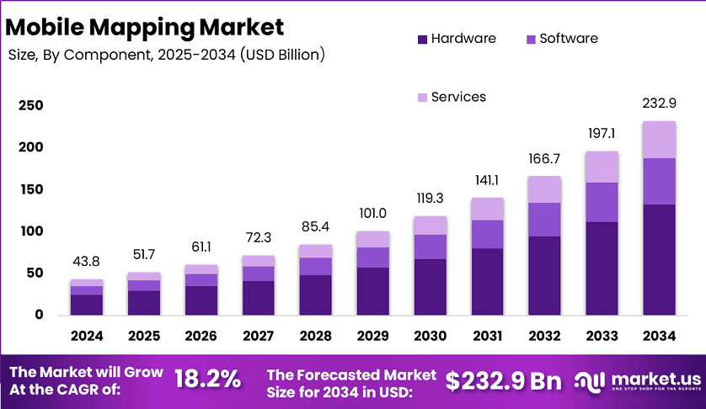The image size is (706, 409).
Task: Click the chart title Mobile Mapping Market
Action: pyautogui.click(x=145, y=27)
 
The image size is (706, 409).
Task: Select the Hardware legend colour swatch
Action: pyautogui.click(x=422, y=39)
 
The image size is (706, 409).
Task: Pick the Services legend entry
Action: pyautogui.click(x=452, y=97)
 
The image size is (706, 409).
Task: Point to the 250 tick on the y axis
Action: pyautogui.click(x=30, y=105)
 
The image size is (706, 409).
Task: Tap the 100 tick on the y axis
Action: pyautogui.click(x=30, y=231)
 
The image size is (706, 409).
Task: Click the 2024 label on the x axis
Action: pyautogui.click(x=87, y=336)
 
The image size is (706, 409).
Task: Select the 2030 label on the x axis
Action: pyautogui.click(x=430, y=336)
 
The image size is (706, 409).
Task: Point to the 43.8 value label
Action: pyautogui.click(x=87, y=262)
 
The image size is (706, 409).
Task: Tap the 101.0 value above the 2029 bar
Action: pyautogui.click(x=372, y=214)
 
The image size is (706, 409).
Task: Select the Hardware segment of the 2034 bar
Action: pyautogui.click(x=659, y=259)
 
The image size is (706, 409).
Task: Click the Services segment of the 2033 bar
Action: pyautogui.click(x=602, y=167)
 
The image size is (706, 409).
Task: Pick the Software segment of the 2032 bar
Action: pyautogui.click(x=544, y=219)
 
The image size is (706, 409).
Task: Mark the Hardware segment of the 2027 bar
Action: pyautogui.click(x=258, y=298)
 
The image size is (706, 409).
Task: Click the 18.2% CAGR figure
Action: pyautogui.click(x=207, y=380)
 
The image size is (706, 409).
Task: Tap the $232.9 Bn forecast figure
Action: pyautogui.click(x=503, y=380)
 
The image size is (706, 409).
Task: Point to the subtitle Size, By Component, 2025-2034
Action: pyautogui.click(x=166, y=55)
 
